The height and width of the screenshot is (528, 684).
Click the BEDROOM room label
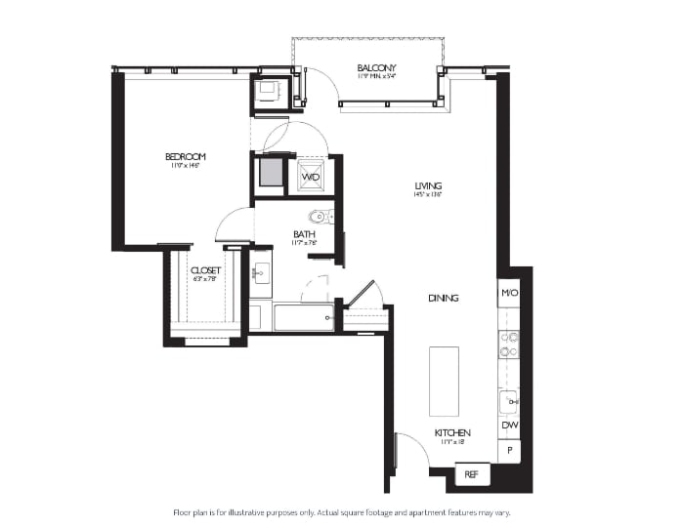(x=185, y=157)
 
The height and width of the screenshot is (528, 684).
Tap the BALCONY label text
(x=375, y=67)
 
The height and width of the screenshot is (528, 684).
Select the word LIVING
(x=428, y=185)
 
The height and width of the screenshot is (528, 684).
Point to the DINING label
(x=443, y=298)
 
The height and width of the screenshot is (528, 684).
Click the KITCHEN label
(x=452, y=432)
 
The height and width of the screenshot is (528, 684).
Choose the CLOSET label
(x=205, y=270)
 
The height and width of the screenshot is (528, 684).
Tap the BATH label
(x=304, y=234)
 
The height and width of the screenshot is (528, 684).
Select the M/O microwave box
(x=508, y=293)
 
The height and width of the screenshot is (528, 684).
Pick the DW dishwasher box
(x=508, y=426)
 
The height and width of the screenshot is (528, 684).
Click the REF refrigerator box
(x=471, y=474)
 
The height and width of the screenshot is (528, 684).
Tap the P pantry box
(x=508, y=450)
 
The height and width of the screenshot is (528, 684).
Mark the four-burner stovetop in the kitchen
(x=508, y=345)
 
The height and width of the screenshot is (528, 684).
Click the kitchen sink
(x=507, y=401)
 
